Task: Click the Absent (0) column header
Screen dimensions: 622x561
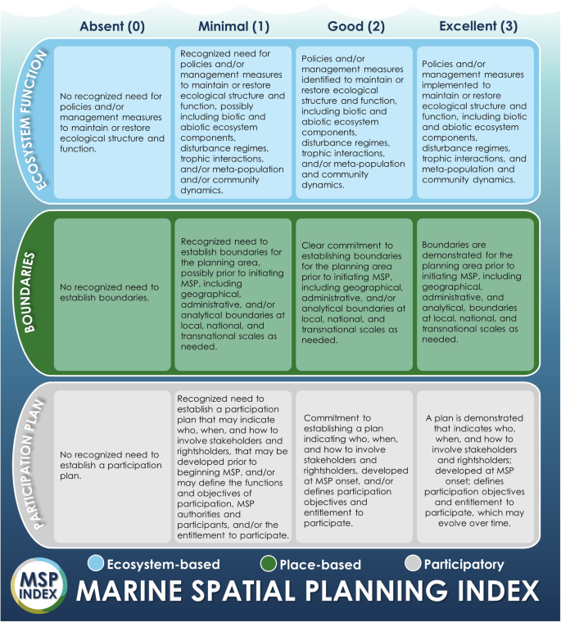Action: point(111,25)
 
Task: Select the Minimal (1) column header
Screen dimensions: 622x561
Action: point(233,25)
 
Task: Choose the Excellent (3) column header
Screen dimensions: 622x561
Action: point(478,25)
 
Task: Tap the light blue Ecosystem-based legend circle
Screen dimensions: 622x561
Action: point(95,564)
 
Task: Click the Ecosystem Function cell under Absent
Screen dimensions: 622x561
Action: point(112,121)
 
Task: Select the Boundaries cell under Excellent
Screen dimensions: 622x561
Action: point(477,291)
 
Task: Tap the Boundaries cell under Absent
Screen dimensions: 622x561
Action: point(112,293)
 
